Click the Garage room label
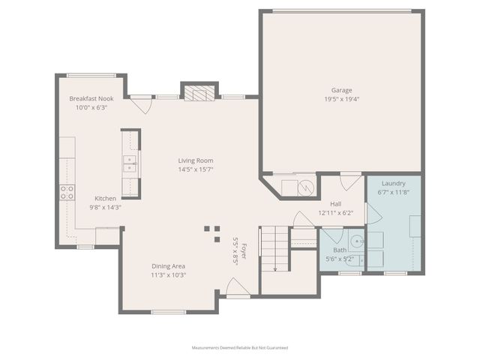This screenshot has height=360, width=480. (342, 89)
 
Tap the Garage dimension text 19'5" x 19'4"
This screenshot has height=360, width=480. (342, 99)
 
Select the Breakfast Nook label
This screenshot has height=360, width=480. (91, 98)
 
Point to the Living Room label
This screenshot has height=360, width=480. (196, 160)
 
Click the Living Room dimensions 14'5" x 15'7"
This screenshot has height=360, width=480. (196, 169)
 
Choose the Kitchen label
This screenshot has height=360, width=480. (105, 198)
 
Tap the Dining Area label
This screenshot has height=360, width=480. (168, 265)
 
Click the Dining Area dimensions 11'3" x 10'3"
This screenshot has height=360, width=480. (168, 274)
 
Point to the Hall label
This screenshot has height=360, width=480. (336, 203)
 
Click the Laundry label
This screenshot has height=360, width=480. (393, 183)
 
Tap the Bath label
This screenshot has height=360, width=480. (340, 250)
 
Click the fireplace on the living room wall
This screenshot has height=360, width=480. (199, 93)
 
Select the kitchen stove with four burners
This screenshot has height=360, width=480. (67, 192)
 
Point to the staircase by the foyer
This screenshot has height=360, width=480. (274, 247)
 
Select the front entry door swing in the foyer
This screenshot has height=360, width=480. (236, 287)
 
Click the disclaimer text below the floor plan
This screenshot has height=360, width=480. (240, 348)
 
